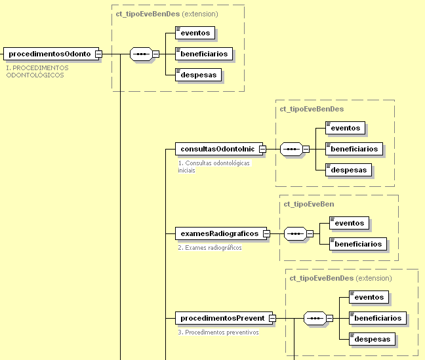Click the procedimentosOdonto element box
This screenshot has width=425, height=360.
click(50, 54)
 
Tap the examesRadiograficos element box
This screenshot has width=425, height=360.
click(219, 233)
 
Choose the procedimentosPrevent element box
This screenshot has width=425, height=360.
click(222, 318)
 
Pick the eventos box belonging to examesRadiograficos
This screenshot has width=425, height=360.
click(349, 223)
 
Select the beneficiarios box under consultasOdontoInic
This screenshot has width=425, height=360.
click(354, 149)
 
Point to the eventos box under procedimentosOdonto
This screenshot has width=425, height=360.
click(195, 32)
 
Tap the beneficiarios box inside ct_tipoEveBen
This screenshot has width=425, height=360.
click(357, 244)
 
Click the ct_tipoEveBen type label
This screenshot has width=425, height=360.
click(308, 205)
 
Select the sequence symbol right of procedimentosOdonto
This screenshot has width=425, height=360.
click(141, 54)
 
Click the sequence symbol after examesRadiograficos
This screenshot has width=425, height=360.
click(295, 233)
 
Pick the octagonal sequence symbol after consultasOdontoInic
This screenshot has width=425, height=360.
click(291, 149)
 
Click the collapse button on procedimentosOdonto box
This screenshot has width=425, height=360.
click(98, 54)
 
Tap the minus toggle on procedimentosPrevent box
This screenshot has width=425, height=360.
click(272, 319)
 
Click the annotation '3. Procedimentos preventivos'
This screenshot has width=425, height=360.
click(218, 332)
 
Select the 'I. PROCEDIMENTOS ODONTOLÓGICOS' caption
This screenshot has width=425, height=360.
click(37, 71)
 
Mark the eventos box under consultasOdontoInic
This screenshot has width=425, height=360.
click(346, 128)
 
